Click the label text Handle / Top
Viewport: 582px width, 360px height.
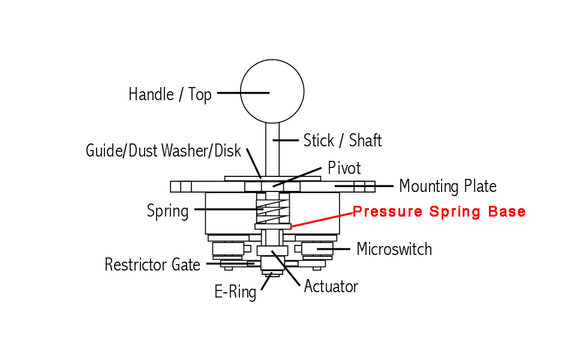point(170,94)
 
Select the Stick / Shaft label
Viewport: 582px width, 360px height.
point(343,140)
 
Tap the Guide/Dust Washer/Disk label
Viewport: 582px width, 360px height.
point(163,151)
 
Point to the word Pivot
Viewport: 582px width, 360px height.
point(344,168)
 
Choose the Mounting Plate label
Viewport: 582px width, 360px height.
point(448,187)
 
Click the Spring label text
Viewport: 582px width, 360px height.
point(168,211)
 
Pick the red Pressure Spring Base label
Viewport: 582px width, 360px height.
point(439,211)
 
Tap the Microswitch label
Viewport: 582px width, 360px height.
point(394,249)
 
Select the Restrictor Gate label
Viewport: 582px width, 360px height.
point(152,265)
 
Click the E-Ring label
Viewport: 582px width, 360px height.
point(235,292)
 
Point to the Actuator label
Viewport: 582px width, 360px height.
point(331,287)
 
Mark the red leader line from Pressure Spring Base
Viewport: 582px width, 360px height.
point(322,220)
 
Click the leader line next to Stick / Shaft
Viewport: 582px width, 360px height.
point(286,140)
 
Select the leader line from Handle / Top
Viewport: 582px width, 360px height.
point(243,93)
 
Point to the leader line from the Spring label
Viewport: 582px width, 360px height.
point(229,209)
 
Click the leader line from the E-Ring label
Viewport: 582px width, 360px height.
point(266,282)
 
